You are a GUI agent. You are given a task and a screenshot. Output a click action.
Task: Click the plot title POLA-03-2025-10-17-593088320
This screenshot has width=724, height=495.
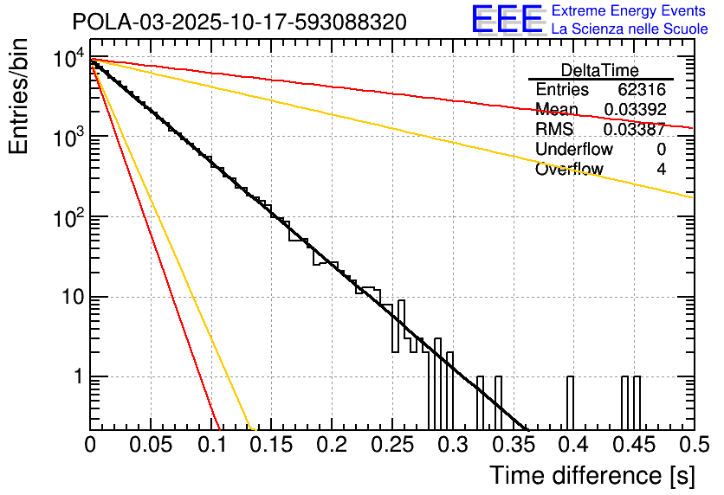coord(238,22)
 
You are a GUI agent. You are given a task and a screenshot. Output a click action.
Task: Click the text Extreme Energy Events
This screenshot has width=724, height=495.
coord(630,11)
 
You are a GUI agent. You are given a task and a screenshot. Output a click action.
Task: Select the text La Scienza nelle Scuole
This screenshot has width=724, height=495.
coord(630,29)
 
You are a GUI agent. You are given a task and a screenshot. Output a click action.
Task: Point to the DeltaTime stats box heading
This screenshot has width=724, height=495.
coord(600,70)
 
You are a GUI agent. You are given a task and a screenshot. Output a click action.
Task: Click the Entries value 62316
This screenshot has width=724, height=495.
coord(641,90)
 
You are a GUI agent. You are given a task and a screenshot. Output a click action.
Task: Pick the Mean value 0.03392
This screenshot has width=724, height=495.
coord(634,110)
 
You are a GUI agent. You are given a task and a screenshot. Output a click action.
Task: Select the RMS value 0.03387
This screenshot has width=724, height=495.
coord(634,130)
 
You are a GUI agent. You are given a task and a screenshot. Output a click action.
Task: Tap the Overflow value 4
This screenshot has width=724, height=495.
coord(661,170)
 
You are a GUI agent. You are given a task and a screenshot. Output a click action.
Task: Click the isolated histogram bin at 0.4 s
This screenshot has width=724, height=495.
coord(571,402)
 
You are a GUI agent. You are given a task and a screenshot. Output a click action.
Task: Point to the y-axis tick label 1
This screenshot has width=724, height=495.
coord(76,377)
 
